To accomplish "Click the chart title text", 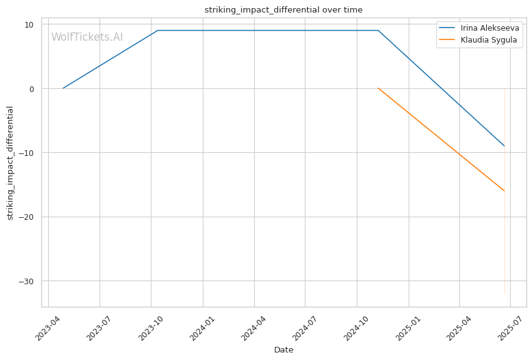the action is [x=284, y=10].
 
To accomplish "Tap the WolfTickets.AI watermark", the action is [x=87, y=37].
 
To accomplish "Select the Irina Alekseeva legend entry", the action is [x=479, y=28].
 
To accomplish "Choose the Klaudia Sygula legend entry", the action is [x=478, y=39].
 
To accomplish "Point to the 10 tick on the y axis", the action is [x=29, y=24].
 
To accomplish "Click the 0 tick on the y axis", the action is [x=32, y=89].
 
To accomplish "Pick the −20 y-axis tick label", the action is [x=26, y=217].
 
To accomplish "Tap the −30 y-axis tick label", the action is [x=26, y=281].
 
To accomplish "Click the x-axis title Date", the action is [x=284, y=350].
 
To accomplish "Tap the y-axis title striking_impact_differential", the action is [x=10, y=163].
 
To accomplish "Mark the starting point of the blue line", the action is [x=63, y=88].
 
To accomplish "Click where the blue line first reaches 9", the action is [x=158, y=31].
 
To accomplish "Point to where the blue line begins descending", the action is [x=378, y=31].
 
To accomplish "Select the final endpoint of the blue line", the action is [x=504, y=146].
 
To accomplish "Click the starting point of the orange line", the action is [x=378, y=88].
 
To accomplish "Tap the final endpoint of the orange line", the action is [x=504, y=191].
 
